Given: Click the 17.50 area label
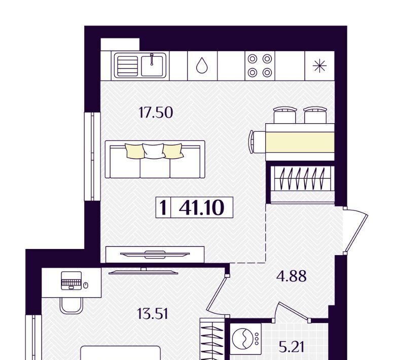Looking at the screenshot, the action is click(x=156, y=113).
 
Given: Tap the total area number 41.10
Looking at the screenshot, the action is click(x=201, y=207).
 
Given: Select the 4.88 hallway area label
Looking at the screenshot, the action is click(x=291, y=276).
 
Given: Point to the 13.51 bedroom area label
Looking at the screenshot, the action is click(x=153, y=314).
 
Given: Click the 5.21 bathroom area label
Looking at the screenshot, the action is click(x=292, y=347).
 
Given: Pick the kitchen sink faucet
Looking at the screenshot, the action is click(x=152, y=59).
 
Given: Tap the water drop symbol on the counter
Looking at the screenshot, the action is click(x=202, y=65).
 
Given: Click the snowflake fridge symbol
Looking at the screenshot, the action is click(x=319, y=66).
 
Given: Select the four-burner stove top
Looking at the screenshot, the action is click(x=260, y=65).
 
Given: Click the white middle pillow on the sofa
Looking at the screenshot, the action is click(x=154, y=151).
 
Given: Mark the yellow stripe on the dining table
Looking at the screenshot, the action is click(x=300, y=142).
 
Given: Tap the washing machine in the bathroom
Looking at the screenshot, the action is click(x=245, y=339).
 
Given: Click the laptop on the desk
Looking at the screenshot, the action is click(x=72, y=280).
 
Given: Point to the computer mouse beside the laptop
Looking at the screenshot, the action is click(x=86, y=285).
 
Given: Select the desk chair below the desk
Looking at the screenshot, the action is click(x=72, y=305).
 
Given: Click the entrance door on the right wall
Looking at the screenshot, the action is click(x=356, y=230).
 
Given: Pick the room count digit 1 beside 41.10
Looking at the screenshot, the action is click(x=163, y=207).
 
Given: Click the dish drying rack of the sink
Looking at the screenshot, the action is click(x=127, y=66).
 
